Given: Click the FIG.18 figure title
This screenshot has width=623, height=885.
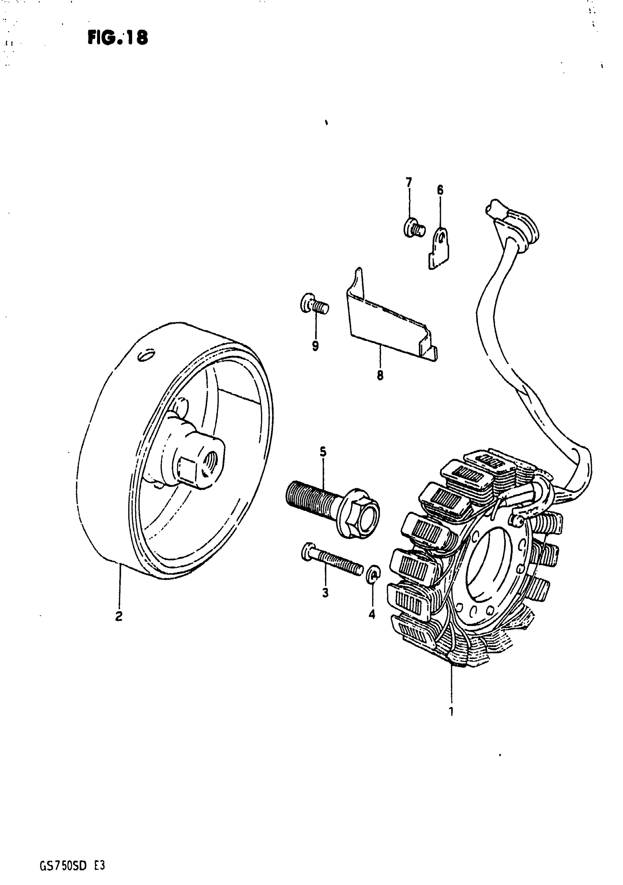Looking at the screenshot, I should coord(118,38).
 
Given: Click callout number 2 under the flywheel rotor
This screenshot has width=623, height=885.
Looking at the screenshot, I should coord(119,616).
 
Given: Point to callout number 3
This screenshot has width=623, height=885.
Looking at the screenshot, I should coord(325,593).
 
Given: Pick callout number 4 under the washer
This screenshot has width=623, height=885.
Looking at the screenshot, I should coord(372,615).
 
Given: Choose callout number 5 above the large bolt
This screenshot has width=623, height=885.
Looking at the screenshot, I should coord(323,451).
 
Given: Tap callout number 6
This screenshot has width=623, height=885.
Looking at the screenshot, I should coord(440,190).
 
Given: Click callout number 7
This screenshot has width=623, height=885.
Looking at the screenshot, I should coord(409,181).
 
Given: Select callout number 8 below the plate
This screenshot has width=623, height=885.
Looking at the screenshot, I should coord(380,375).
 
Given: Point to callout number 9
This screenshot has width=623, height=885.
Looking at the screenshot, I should coord(316,346).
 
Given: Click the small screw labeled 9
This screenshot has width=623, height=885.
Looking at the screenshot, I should coord(314,306).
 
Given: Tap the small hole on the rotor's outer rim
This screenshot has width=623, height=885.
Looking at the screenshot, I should coord(147,356).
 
